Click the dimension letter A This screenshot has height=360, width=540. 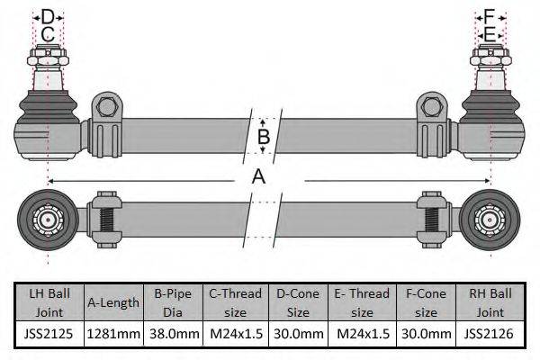pos(258,177)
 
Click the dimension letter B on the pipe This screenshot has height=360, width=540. pos(264,137)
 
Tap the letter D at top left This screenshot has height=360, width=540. pos(48,17)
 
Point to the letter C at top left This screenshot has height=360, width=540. pos(48,34)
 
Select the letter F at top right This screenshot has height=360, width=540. pos(490,16)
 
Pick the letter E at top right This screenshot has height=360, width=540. pos(490,34)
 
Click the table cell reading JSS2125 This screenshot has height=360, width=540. pos(49,334)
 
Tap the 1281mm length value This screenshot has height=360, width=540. pos(113,334)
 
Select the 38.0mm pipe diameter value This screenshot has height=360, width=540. pos(175,334)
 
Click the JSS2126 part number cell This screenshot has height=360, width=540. pos(489,334)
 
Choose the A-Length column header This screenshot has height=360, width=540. pos(113,302)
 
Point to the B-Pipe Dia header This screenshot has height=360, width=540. pos(173,302)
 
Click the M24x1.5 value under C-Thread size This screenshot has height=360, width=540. pos(236,334)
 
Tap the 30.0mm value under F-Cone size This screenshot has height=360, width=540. pos(427,334)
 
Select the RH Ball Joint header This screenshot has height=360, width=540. pos(490,302)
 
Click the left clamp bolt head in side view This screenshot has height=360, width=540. pos(106,107)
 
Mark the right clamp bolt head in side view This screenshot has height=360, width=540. pos(431,107)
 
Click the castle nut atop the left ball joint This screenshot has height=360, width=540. pos(49,58)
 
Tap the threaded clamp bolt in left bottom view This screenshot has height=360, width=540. pos(105,220)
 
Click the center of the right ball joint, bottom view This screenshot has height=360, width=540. pos(490,220)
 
